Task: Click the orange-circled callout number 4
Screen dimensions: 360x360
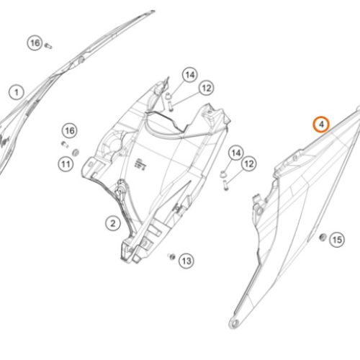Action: tap(321, 125)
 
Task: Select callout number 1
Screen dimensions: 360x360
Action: tap(17, 92)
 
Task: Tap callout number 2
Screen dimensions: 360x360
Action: tap(113, 223)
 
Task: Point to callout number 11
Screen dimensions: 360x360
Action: tap(66, 164)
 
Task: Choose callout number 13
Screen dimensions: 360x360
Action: tap(186, 261)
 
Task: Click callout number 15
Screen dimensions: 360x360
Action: tap(337, 240)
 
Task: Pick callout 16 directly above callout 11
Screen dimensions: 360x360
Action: tap(70, 131)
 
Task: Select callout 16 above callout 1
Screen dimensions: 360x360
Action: tap(35, 43)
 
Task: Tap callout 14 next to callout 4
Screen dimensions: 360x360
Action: tap(236, 153)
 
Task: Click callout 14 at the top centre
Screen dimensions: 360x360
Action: tap(190, 75)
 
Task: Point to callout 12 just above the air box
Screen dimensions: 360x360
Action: tap(207, 88)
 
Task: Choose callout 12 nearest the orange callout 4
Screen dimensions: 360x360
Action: tap(249, 163)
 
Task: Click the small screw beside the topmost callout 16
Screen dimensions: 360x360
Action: tap(48, 45)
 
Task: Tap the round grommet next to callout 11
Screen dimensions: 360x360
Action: tap(76, 153)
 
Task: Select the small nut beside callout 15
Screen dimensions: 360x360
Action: tap(323, 238)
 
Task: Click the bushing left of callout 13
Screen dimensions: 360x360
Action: tap(171, 257)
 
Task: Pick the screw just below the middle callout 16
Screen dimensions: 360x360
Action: tap(64, 144)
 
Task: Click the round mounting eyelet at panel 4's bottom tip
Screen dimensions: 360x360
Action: tap(235, 323)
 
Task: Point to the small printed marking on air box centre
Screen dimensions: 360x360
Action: tap(140, 163)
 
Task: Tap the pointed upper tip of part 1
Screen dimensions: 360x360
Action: tap(153, 11)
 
